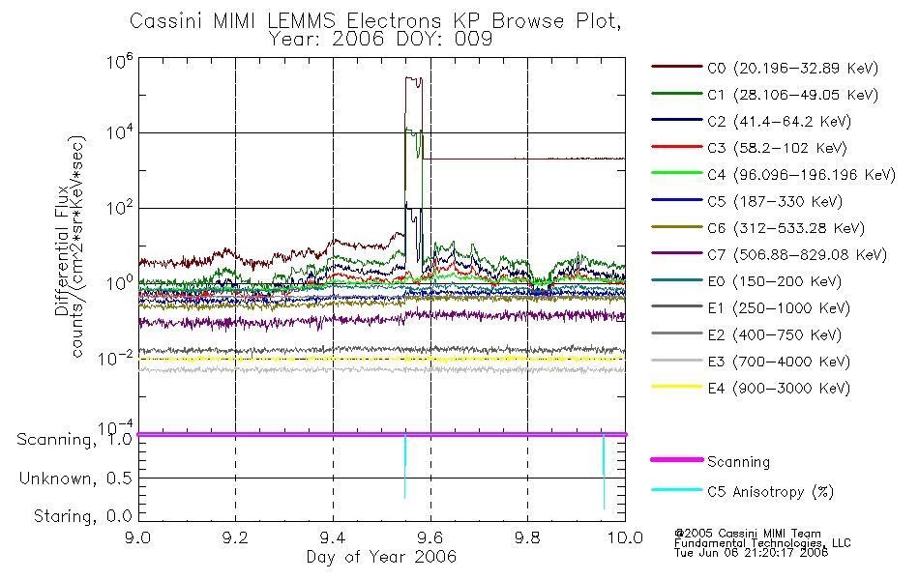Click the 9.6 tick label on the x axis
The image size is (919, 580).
tap(430, 537)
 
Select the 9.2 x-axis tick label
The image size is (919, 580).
tap(236, 537)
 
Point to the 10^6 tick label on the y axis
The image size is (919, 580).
tap(120, 61)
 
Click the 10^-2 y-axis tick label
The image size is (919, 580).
tap(116, 358)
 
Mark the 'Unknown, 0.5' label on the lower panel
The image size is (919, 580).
tap(76, 478)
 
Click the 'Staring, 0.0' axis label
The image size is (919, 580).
tap(83, 515)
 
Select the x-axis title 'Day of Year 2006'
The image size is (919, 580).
tap(381, 557)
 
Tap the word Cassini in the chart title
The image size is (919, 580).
tap(165, 21)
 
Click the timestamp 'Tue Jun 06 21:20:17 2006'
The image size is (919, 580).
tap(751, 553)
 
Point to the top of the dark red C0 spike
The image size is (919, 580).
tap(413, 76)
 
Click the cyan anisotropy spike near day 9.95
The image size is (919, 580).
tap(604, 472)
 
